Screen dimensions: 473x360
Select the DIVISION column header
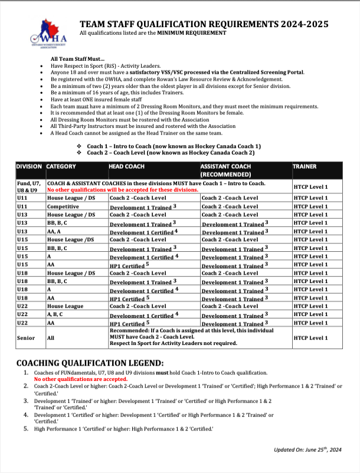click(x=30, y=167)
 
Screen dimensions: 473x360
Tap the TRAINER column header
click(x=305, y=167)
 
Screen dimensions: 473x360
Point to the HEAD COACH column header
click(x=127, y=167)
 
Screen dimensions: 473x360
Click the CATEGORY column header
click(x=61, y=167)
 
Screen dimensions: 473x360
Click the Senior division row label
click(x=25, y=338)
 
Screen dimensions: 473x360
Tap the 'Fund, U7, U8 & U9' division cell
click(x=30, y=187)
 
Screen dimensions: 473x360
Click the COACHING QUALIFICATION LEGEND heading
click(x=90, y=363)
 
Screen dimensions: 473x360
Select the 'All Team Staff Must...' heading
click(x=77, y=59)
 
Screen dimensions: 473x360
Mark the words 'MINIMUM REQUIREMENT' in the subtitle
click(x=191, y=34)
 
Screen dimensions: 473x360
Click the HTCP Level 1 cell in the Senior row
click(x=310, y=338)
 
